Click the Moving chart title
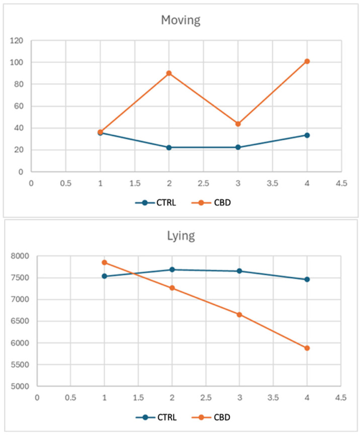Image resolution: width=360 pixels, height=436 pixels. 181,21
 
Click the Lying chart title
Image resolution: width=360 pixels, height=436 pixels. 181,236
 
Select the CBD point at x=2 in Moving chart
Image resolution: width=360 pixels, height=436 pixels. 169,73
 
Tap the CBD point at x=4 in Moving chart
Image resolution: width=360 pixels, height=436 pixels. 307,61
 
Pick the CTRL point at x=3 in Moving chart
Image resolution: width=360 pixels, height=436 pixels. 238,147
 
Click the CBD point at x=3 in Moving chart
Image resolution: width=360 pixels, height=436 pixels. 238,124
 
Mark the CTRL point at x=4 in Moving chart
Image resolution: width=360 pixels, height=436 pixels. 307,135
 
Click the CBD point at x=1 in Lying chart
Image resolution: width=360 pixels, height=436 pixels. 105,263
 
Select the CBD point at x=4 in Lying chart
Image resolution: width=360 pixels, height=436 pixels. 307,348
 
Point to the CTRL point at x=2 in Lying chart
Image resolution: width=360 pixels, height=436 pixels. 172,270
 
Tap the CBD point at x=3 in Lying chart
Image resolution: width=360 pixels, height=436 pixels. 239,314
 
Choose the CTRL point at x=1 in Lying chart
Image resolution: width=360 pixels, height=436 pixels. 105,276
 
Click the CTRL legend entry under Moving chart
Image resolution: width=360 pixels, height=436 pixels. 156,203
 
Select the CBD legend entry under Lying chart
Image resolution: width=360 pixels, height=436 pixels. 211,417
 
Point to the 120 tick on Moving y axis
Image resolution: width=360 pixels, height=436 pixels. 17,41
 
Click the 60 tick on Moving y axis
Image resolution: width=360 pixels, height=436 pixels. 19,106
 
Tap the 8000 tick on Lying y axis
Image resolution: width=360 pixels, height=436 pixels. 20,256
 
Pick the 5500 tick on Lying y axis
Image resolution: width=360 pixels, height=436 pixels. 20,365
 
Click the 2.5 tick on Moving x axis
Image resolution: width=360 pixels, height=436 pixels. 204,183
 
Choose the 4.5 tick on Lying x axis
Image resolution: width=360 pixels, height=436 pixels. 341,398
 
